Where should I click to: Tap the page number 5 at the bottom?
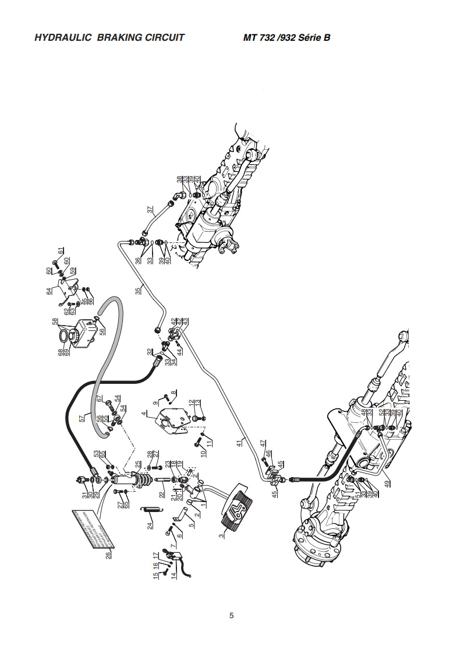(232, 616)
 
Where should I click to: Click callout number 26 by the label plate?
(108, 555)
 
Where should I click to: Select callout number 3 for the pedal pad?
(222, 534)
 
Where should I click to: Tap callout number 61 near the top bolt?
(59, 250)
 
